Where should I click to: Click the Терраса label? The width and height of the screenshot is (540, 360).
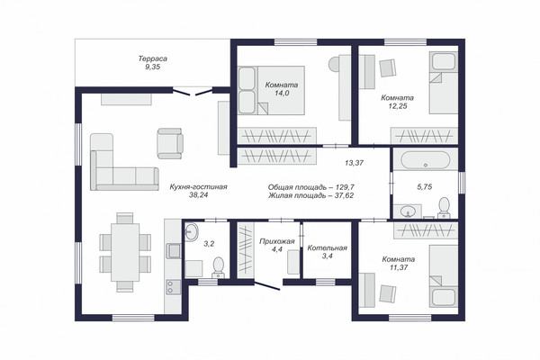coord(153,58)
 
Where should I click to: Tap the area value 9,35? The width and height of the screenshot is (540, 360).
coord(153,67)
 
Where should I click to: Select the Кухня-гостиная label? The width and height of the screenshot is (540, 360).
coord(198,186)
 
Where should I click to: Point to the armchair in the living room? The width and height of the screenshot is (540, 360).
coord(170,143)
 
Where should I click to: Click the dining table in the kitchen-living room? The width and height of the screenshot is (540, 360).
coord(125,253)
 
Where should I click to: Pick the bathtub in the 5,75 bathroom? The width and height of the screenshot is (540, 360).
coord(426,160)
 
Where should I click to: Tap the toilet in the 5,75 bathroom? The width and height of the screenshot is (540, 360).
coord(444,209)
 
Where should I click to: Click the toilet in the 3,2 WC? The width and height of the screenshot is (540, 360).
coord(219,267)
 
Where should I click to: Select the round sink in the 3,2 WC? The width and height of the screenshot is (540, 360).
coord(191,231)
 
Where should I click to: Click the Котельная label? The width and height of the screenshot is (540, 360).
coord(328,247)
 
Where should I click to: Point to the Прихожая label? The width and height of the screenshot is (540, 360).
coord(277,241)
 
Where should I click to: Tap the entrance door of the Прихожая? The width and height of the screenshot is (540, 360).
coord(267,286)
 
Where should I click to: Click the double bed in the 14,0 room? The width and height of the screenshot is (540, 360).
coord(272,90)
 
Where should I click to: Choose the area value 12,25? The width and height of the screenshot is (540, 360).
coord(398,106)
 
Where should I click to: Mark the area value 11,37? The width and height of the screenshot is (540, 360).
coord(399,267)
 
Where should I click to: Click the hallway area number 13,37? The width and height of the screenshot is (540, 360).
coord(354,163)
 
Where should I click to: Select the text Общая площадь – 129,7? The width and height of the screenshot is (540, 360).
coord(311,187)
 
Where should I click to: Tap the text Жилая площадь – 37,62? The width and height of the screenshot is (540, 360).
coord(311,195)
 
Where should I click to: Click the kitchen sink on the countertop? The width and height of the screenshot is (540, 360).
coord(174,251)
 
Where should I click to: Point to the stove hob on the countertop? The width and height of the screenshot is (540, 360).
coord(173,287)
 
